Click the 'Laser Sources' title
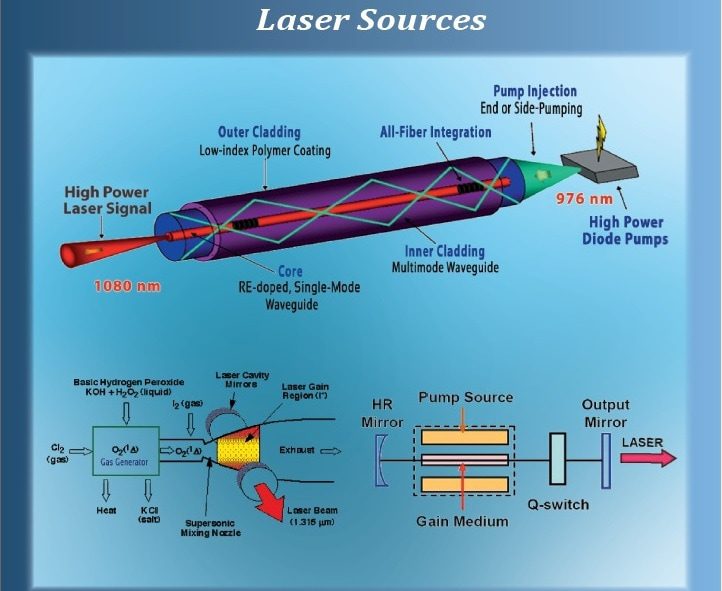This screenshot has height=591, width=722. tap(370, 20)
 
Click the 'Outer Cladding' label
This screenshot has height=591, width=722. tap(259, 132)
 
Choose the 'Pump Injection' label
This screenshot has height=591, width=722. tap(534, 92)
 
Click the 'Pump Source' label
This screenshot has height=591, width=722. tap(467, 398)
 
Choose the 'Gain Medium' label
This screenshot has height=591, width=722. tap(466, 521)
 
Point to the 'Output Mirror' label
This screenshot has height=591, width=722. tap(606, 413)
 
